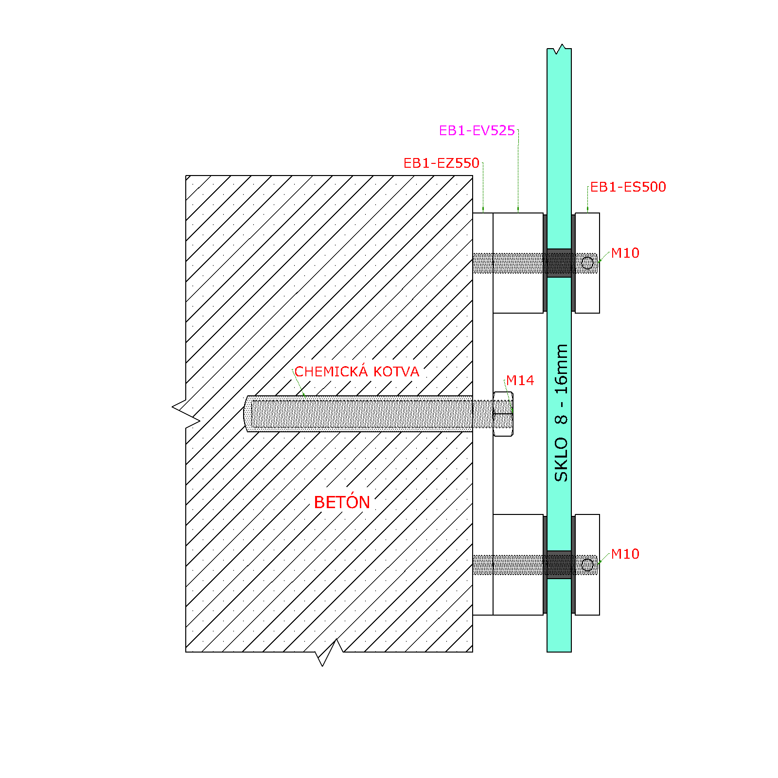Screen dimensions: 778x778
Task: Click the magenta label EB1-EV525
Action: tap(477, 131)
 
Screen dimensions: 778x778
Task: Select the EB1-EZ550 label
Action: tap(442, 163)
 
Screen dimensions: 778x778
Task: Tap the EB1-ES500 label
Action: tap(628, 187)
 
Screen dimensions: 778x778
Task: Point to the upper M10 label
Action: tap(625, 253)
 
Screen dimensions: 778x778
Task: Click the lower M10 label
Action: tap(625, 554)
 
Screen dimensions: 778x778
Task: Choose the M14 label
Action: tap(520, 381)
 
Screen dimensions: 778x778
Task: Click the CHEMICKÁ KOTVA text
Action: tap(357, 371)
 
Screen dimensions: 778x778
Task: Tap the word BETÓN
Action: tap(342, 502)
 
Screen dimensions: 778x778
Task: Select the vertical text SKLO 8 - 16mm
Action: tap(561, 413)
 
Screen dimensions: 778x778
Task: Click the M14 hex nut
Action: tap(503, 414)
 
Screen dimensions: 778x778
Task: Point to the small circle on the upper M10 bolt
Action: tap(587, 263)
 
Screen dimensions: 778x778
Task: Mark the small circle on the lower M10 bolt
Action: tap(587, 565)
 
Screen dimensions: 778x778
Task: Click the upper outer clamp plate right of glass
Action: tap(587, 263)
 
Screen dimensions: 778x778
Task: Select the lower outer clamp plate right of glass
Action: tap(587, 565)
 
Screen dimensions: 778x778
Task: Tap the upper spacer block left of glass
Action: tap(518, 263)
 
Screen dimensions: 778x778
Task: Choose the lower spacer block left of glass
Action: tap(518, 565)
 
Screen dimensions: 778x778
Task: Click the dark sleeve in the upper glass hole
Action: tap(559, 263)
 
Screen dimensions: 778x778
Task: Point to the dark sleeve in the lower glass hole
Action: tap(559, 565)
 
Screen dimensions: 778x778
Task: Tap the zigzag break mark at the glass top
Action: tap(559, 49)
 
